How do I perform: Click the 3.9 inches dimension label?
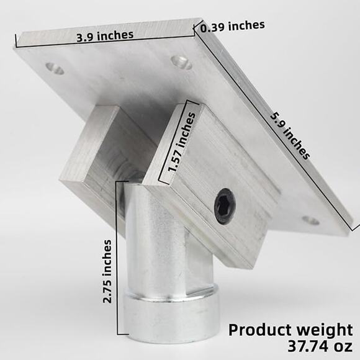[104, 35]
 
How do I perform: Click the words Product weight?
[290, 329]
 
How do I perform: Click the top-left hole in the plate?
[55, 69]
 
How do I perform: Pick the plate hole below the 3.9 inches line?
[181, 61]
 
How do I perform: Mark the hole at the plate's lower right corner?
[310, 220]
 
